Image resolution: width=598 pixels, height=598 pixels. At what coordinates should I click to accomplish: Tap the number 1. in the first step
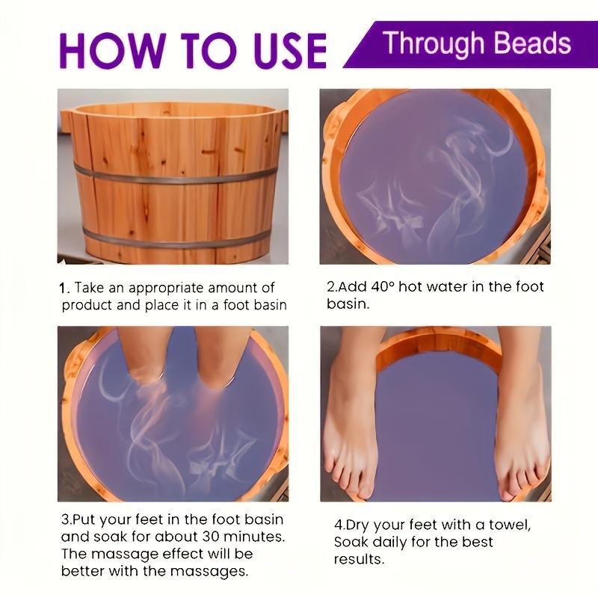click(64, 288)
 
